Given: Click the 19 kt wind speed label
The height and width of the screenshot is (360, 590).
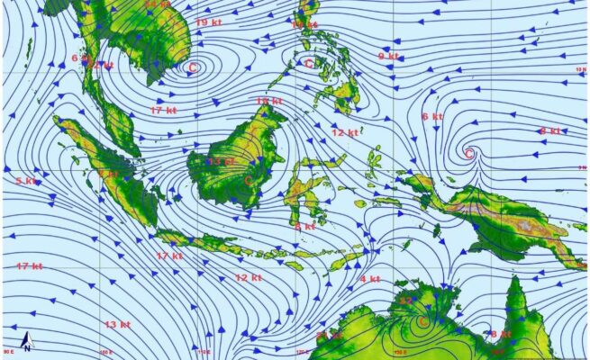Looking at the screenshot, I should tap(209, 22).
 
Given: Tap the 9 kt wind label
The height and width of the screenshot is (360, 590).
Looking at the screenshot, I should tap(388, 57).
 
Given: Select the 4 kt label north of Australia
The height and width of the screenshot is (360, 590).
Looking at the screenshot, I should tap(370, 279).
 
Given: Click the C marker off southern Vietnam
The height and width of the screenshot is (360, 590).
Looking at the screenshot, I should tap(192, 66).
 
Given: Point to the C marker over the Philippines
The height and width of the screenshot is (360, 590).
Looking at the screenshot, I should tap(309, 63).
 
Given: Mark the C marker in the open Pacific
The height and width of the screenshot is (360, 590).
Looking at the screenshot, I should tap(468, 154).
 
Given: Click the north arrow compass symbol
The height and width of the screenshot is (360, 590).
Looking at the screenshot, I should tap(28, 342).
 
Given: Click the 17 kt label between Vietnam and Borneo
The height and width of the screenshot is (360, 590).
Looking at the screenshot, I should tap(163, 110).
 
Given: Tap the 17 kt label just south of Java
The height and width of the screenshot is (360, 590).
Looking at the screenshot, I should tap(169, 256).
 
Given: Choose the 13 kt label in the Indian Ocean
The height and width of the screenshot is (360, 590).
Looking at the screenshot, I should tap(116, 324).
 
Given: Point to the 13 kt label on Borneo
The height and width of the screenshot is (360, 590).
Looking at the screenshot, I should tap(221, 161).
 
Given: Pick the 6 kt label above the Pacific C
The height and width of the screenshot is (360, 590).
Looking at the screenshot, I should tap(431, 116).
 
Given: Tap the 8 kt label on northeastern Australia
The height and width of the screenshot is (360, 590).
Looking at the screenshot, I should tap(499, 334).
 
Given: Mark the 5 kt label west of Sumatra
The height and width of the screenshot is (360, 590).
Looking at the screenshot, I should tap(27, 181).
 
